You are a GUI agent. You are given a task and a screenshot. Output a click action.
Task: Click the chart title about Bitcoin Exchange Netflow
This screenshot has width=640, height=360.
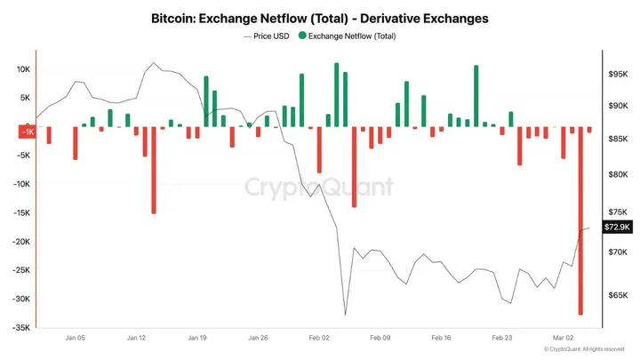click(319, 18)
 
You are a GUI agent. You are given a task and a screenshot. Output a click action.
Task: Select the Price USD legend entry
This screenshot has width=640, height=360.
click(267, 36)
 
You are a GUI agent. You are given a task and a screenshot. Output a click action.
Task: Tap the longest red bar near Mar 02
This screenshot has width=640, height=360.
click(580, 222)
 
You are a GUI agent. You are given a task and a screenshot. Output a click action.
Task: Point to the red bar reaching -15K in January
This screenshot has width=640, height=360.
click(154, 171)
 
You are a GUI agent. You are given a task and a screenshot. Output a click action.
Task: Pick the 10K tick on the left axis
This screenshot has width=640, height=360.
click(24, 69)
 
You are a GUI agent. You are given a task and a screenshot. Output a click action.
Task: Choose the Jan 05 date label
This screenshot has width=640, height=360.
click(76, 339)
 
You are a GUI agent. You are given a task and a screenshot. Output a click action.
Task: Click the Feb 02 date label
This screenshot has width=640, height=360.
click(319, 339)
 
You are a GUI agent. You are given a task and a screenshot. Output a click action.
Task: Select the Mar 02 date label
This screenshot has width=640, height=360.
click(563, 339)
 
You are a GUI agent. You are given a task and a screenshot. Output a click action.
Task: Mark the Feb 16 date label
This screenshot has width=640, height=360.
click(441, 339)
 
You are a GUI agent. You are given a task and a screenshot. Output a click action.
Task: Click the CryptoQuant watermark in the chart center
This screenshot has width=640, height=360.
click(319, 188)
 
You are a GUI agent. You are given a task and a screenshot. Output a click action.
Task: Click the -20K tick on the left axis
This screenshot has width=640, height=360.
click(21, 242)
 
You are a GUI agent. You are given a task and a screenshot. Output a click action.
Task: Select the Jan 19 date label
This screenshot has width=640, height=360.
click(197, 339)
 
